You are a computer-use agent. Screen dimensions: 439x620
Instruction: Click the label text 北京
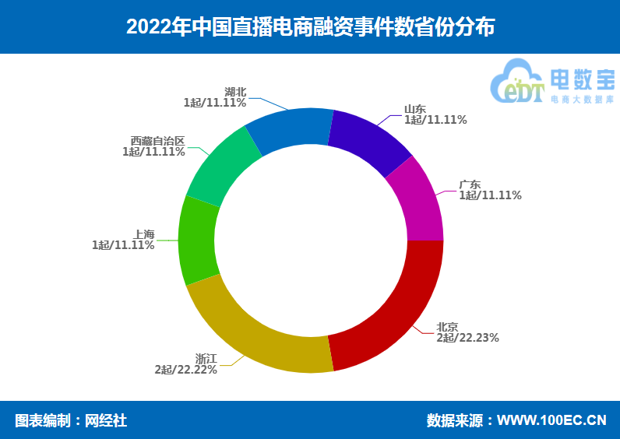[447, 327]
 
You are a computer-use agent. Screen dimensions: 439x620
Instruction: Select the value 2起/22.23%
[467, 338]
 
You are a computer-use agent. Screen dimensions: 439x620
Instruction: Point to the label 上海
[144, 234]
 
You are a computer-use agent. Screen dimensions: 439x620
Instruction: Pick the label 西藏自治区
[158, 141]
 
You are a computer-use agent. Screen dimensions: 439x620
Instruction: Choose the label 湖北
[235, 92]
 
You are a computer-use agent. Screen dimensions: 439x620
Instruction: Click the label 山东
[414, 109]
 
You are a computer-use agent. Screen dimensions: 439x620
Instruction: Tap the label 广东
[469, 184]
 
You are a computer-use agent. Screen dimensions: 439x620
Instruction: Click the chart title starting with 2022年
[310, 27]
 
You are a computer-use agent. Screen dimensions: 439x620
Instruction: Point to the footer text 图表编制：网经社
[71, 420]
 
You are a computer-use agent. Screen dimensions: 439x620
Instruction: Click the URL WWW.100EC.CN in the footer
[551, 420]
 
